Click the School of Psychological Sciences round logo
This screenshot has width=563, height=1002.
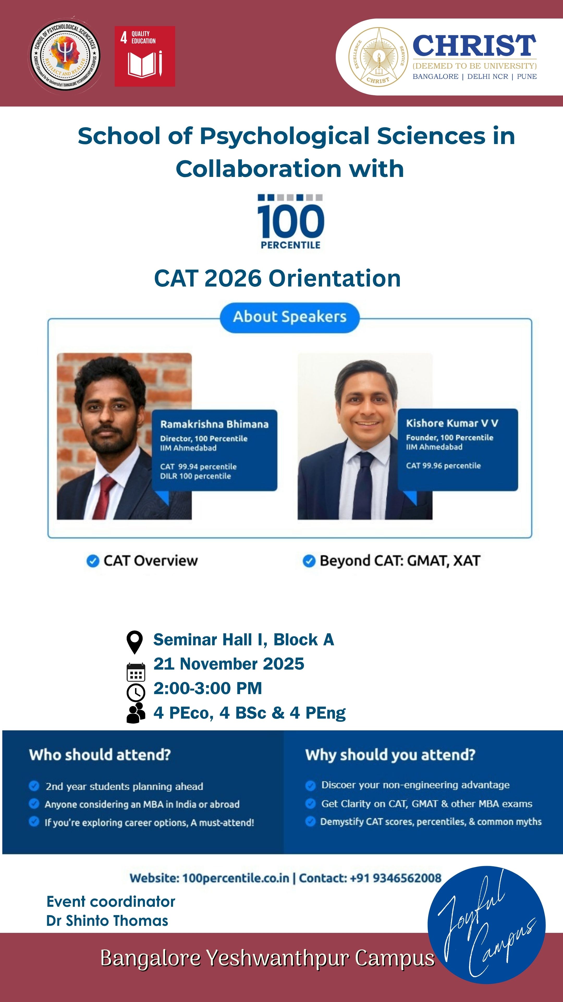(x=65, y=56)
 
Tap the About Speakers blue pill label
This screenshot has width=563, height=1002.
(x=290, y=317)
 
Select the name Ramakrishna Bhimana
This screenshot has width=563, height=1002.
(x=215, y=424)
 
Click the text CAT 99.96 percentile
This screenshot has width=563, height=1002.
(x=443, y=466)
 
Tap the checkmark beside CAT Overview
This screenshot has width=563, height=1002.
(x=93, y=561)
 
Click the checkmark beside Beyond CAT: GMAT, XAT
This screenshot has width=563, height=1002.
(x=309, y=561)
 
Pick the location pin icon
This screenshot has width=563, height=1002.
(x=134, y=642)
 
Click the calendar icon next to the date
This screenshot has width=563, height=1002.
(x=136, y=672)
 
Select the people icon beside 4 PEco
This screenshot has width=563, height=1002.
(x=136, y=713)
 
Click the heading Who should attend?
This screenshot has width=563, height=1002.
(x=100, y=755)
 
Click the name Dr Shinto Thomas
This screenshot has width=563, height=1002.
(x=107, y=921)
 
